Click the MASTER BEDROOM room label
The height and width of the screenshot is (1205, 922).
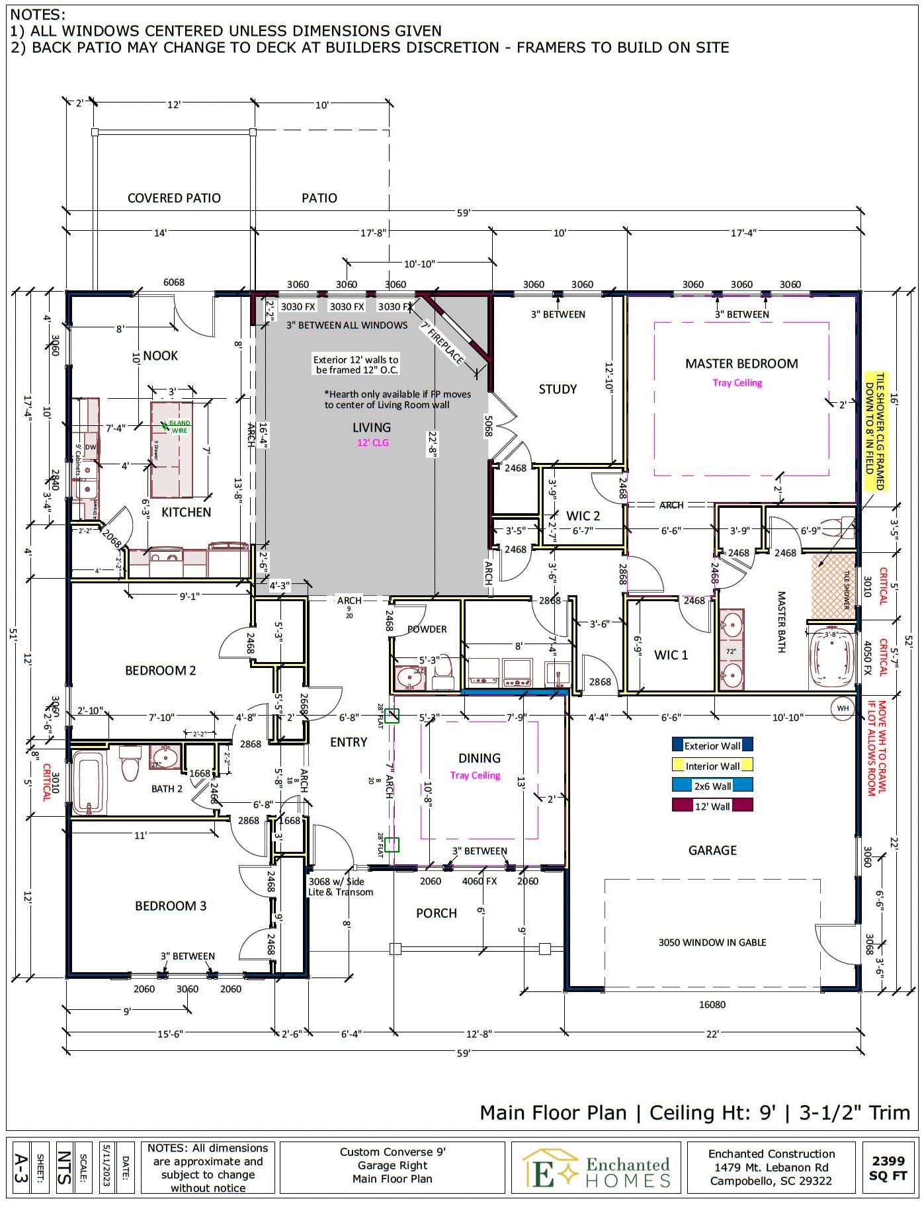coord(741,364)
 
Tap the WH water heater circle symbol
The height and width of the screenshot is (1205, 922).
coord(842,708)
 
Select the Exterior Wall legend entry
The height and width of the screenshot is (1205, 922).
coord(712,745)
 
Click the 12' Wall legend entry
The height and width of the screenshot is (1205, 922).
coord(712,806)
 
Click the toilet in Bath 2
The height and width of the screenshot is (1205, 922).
coord(130,762)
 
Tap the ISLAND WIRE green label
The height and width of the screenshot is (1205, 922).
coord(178,427)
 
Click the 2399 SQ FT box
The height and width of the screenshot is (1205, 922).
coord(888,1167)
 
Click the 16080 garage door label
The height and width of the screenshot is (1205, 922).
coord(712,1005)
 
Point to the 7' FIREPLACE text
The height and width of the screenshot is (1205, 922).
coord(442,343)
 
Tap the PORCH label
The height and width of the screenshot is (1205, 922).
coord(436,913)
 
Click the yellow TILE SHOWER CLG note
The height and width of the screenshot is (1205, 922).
coord(875,431)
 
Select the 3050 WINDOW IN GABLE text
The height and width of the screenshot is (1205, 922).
coord(712,942)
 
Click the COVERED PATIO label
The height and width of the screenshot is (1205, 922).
coord(174,198)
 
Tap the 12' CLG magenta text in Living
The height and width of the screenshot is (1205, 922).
coord(372,442)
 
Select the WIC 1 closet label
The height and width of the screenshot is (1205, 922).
coord(671,655)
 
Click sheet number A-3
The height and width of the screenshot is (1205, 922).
coord(21,1167)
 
